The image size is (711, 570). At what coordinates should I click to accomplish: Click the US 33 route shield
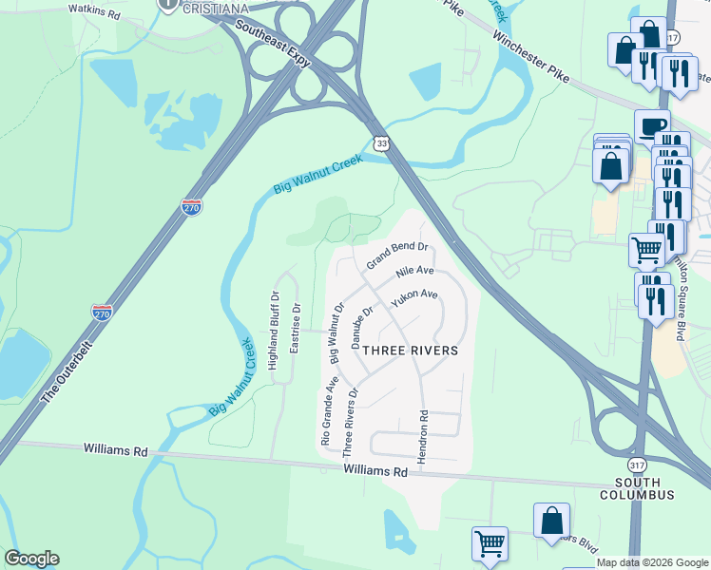382,143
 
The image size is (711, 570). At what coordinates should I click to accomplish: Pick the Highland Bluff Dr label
274,332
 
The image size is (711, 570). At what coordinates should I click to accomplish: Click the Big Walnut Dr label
336,332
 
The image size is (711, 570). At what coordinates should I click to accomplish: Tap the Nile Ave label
415,276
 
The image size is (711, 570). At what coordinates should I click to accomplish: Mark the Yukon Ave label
415,301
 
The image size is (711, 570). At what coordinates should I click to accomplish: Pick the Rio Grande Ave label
329,410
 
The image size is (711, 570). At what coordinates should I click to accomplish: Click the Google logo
31,559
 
